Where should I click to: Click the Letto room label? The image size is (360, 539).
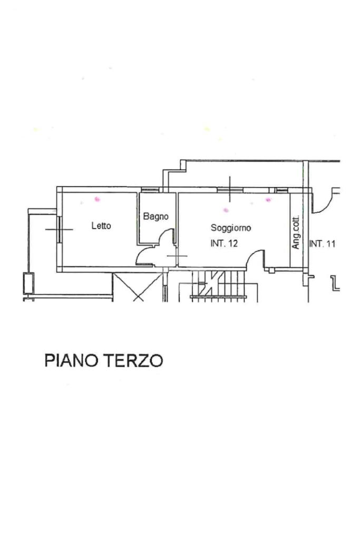click(x=101, y=226)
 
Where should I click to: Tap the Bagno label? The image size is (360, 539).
click(x=155, y=217)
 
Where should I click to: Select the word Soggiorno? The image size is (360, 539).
click(x=231, y=228)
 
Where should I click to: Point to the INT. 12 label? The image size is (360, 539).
click(x=225, y=244)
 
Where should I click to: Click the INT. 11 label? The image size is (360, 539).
click(x=322, y=244)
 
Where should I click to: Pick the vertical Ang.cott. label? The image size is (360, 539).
click(x=296, y=232)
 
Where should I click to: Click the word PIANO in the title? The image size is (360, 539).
click(x=72, y=361)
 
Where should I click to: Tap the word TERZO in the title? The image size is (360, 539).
click(x=134, y=361)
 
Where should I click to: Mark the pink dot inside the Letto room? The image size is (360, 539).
click(x=97, y=199)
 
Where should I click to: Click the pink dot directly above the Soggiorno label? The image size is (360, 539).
click(x=226, y=210)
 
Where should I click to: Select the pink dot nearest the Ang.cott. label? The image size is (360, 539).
click(x=268, y=200)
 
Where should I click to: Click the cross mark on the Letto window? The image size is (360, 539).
click(x=59, y=229)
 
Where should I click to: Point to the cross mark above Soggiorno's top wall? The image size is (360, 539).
click(x=230, y=189)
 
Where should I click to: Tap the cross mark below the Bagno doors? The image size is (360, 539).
click(x=177, y=256)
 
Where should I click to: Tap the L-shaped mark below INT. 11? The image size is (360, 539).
click(x=335, y=283)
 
